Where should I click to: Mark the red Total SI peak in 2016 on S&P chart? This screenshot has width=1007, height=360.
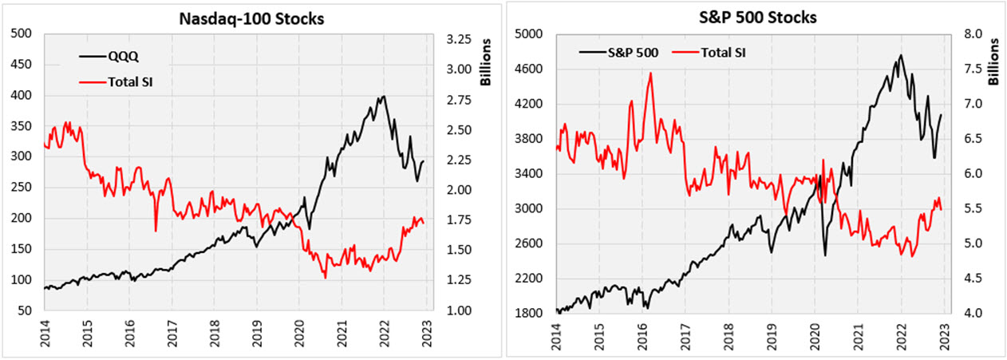coord(650,73)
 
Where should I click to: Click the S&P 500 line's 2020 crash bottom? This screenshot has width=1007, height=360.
coord(825,255)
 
